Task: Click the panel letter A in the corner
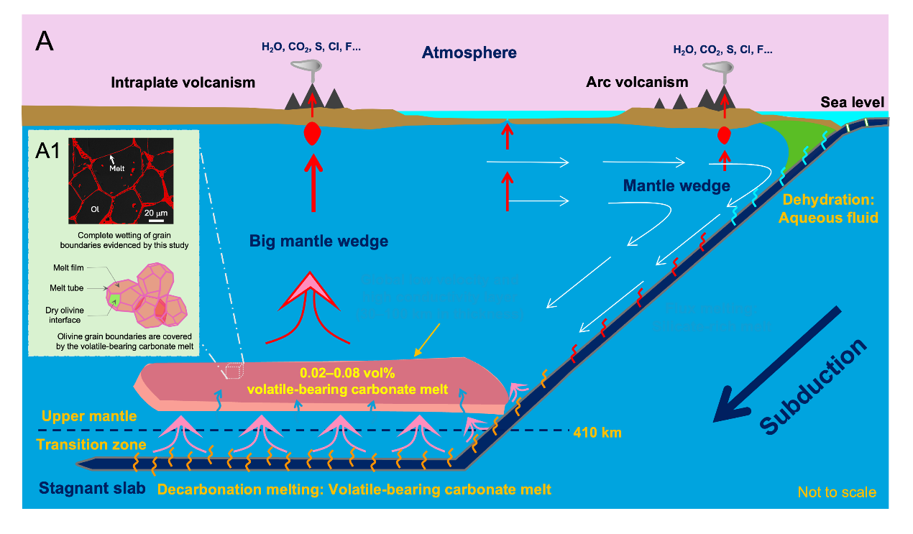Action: [x=45, y=42]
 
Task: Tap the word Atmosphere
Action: [x=469, y=52]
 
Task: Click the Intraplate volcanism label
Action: [x=183, y=83]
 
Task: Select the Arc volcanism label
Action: [x=637, y=82]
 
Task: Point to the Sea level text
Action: [x=853, y=103]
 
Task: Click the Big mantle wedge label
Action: [x=318, y=241]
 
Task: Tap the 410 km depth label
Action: [x=597, y=433]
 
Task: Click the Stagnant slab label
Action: [x=92, y=489]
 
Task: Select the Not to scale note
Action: [x=837, y=492]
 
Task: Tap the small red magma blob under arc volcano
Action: [x=724, y=134]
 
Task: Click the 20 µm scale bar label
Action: [x=156, y=213]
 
